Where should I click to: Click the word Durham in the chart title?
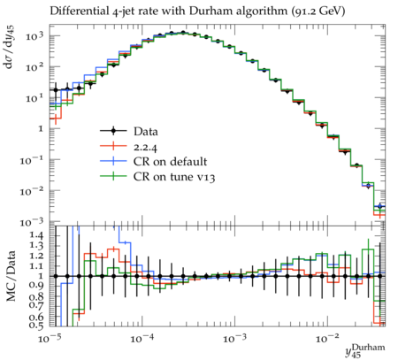208,11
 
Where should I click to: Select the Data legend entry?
129,131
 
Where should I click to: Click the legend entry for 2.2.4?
128,147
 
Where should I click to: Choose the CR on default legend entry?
153,162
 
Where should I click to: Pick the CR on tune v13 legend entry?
157,177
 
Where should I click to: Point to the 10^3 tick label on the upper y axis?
34,36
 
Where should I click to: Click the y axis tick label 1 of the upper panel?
41,128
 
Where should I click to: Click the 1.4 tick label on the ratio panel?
36,235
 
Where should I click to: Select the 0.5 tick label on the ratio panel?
36,325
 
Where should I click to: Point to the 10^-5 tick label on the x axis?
50,338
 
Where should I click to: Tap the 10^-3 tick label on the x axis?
235,338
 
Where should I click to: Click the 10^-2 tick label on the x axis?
327,338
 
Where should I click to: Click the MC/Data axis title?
11,276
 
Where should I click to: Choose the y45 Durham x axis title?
365,351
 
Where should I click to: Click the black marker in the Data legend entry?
113,131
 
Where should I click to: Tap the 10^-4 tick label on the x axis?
143,338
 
